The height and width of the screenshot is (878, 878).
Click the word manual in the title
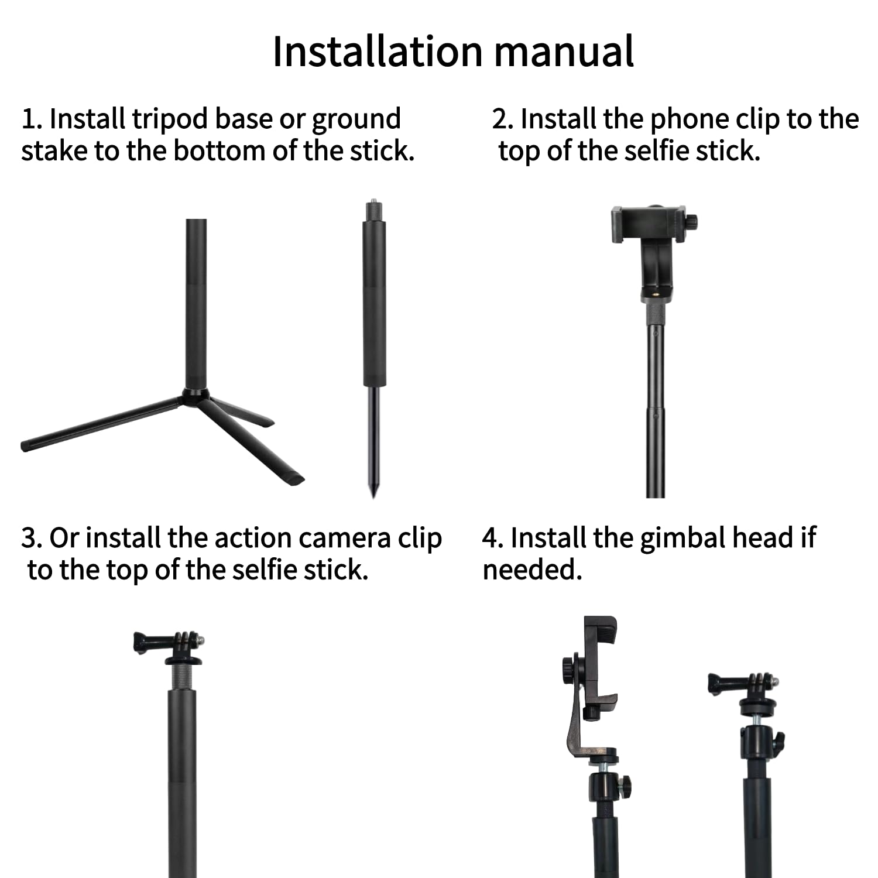(564, 52)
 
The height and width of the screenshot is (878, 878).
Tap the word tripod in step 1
(169, 120)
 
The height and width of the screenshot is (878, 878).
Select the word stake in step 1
(54, 151)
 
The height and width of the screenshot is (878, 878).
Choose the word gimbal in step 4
(682, 539)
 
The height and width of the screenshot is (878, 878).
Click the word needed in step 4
(530, 570)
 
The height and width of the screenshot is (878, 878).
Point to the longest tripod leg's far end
(26, 445)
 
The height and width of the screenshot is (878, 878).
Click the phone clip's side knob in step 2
(692, 222)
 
